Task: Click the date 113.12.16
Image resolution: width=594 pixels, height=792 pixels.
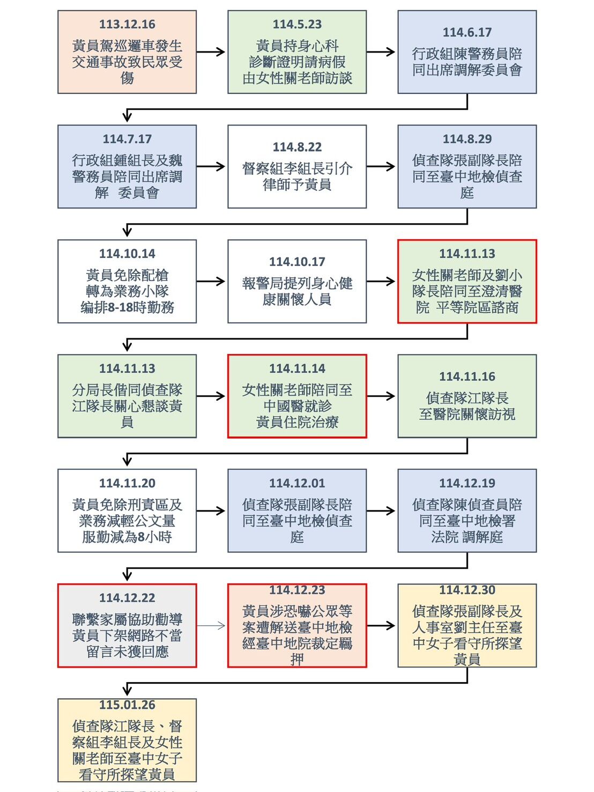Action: coord(127,25)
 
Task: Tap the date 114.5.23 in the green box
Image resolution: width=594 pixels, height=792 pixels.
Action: coord(297,25)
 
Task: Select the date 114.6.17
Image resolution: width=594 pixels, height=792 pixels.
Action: coord(467,33)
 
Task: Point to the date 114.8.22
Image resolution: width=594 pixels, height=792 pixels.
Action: coord(297,147)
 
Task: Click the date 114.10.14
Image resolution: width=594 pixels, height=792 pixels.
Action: coord(127,254)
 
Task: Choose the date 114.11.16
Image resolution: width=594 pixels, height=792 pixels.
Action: coord(467,377)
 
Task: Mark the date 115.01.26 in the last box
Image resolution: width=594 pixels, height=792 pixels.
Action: coord(127,705)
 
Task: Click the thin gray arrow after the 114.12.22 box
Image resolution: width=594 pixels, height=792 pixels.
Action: coord(211,625)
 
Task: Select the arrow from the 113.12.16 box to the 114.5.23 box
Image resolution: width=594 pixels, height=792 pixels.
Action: coord(211,52)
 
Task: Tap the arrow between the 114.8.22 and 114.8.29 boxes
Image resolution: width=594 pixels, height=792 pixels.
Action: coord(381,167)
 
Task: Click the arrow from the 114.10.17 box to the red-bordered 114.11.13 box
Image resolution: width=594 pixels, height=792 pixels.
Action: coord(381,282)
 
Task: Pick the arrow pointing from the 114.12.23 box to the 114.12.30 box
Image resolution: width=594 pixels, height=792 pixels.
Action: coord(381,625)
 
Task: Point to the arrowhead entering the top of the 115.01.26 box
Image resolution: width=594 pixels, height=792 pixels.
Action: coord(127,691)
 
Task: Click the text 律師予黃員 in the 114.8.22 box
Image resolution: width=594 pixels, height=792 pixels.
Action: coord(297,185)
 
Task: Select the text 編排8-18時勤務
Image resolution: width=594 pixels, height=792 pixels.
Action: coord(127,308)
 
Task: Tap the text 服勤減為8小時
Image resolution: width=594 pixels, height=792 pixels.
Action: coord(127,537)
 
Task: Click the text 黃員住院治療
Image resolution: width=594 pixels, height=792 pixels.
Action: coord(297,423)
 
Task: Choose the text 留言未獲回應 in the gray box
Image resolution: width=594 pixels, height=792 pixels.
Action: coord(127,652)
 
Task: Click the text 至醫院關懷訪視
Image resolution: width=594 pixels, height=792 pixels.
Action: coord(467,414)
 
